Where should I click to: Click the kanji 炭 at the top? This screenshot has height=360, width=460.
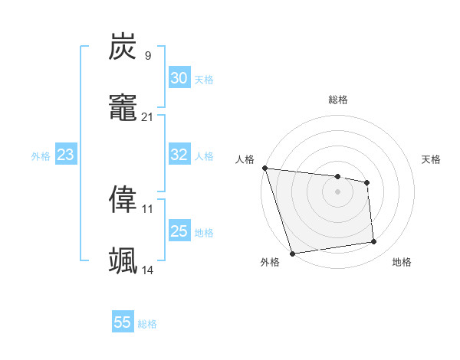pos(123,47)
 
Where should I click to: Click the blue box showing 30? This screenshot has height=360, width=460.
pos(179,78)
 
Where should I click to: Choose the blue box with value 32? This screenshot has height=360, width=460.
pos(179,155)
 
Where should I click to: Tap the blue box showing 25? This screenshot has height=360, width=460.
pos(179,231)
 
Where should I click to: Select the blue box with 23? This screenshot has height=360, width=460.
pos(65,155)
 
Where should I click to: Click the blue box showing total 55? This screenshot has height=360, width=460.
pos(123,322)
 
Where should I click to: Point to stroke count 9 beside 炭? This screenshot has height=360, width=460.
pos(148,55)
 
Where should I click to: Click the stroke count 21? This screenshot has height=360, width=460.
pos(148,116)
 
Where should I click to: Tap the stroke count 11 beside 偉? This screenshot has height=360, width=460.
pos(148,208)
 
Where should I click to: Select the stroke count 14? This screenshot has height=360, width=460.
pos(148,270)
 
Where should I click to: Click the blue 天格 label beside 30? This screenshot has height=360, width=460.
pos(204,80)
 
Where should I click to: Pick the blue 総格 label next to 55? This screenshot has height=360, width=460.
pos(147,324)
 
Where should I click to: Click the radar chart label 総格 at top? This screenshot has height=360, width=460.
pos(337,100)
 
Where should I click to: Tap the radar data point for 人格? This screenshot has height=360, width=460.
pos(264,168)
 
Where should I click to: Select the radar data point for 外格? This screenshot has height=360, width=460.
pos(292,253)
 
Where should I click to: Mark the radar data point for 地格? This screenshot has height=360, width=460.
pos(374,242)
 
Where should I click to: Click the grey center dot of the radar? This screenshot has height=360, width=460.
pos(337,191)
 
